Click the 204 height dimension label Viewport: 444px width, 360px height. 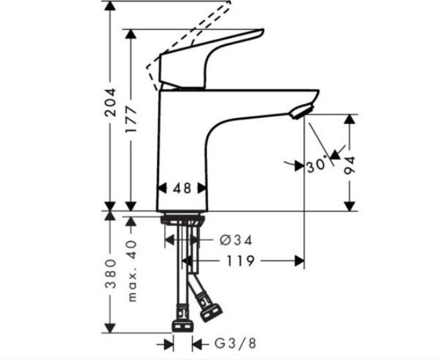coord(111,103)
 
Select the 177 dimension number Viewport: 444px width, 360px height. coord(131,119)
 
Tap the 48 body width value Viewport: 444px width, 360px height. coord(182,188)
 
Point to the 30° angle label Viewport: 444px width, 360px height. coord(317,165)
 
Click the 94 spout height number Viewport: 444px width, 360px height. coord(349,166)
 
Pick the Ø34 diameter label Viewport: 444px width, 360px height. coord(236,241)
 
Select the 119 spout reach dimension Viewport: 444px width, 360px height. coord(240,261)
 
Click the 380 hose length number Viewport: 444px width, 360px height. coord(111,274)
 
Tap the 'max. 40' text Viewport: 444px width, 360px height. coord(132,271)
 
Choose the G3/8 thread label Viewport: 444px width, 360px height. coord(235,344)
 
